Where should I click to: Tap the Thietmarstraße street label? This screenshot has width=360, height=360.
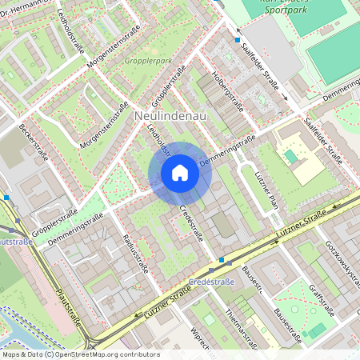point(240,328)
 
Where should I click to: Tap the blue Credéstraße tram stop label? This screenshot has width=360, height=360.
point(212,282)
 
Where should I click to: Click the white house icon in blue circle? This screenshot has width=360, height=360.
point(180,173)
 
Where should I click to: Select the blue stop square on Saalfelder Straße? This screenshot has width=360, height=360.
point(237,39)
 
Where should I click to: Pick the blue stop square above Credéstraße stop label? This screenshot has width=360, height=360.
point(221,261)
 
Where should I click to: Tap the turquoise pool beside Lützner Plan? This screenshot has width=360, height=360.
point(290,157)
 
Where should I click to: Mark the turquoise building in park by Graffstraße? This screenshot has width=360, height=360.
point(318,330)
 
